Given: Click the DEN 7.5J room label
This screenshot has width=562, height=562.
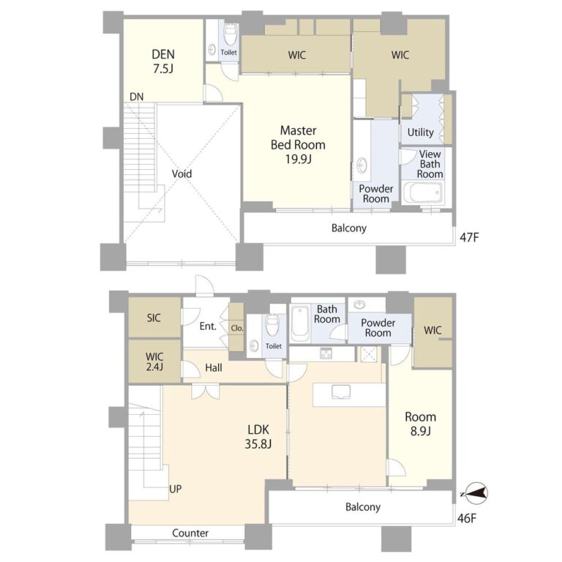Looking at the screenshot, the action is click(x=163, y=61).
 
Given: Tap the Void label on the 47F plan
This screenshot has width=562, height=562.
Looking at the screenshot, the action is click(x=181, y=174).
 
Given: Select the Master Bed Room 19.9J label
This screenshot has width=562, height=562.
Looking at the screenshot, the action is click(x=299, y=144).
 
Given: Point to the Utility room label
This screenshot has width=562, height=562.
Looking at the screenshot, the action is click(x=421, y=132).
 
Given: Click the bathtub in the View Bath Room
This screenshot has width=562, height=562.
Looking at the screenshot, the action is click(x=422, y=192).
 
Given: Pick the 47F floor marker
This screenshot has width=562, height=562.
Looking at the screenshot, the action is click(x=469, y=237).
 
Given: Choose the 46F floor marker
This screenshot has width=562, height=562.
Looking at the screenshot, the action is click(x=467, y=519).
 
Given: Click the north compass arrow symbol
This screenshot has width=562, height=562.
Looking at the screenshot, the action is click(x=474, y=494).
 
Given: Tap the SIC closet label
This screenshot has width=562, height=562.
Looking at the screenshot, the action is click(x=154, y=318).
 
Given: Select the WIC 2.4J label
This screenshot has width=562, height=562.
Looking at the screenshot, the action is click(x=154, y=361).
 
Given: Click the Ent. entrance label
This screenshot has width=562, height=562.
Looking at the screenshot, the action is click(x=208, y=326).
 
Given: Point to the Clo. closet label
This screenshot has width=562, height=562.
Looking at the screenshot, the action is click(x=237, y=328).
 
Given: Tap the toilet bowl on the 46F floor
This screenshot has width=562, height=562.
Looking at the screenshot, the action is click(x=273, y=325).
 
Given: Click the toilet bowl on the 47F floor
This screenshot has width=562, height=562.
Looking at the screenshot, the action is click(x=231, y=34).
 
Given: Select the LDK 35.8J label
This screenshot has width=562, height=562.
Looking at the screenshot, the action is click(x=258, y=437).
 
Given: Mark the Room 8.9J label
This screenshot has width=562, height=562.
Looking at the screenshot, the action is click(x=421, y=424).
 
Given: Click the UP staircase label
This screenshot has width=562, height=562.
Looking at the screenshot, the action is click(x=176, y=489).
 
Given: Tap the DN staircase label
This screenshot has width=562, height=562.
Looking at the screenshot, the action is click(x=137, y=97).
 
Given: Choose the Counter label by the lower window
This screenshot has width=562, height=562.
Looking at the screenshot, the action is click(x=190, y=533).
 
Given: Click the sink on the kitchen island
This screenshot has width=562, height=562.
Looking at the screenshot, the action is click(x=341, y=391).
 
